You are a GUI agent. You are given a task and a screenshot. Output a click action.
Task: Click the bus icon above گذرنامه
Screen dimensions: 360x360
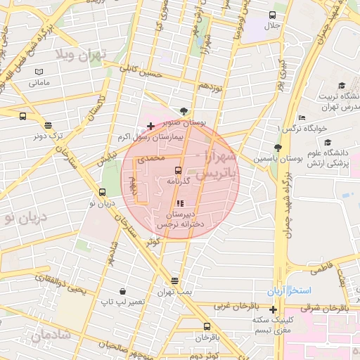[177, 170]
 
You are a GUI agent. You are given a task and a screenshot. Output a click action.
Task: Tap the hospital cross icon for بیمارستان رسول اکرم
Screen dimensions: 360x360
[150, 127]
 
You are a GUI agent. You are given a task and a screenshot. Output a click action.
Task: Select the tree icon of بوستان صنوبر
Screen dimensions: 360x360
[184, 110]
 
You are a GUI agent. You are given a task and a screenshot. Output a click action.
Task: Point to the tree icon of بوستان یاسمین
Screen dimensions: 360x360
[278, 148]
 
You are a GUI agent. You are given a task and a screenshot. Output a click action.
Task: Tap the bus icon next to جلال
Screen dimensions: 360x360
[272, 15]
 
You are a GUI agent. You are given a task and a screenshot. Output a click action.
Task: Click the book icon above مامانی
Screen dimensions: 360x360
[39, 72]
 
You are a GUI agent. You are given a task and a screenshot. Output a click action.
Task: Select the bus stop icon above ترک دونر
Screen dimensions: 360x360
[23, 117]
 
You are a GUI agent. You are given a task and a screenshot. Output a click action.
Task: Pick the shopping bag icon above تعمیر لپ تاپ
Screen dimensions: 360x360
[123, 291]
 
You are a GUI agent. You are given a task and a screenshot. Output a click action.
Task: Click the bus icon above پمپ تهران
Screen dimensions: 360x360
[174, 280]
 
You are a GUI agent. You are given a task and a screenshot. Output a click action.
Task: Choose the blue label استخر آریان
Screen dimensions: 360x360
[286, 290]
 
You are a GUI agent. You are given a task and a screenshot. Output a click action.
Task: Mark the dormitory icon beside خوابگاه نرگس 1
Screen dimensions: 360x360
[302, 117]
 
